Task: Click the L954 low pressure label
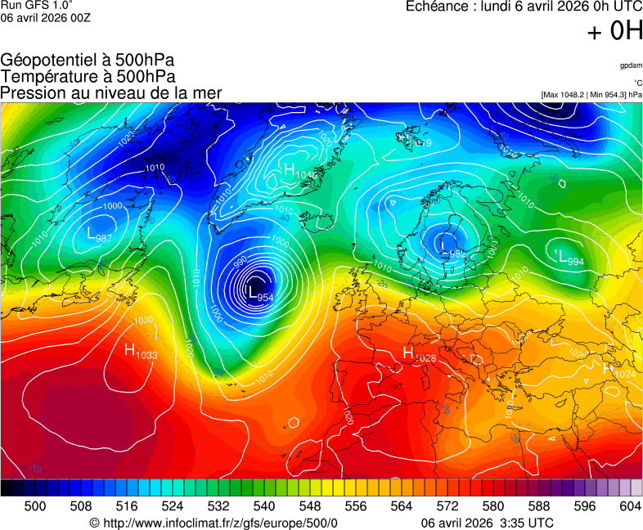point(260,294)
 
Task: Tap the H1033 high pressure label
point(140,352)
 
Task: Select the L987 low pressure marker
point(99,236)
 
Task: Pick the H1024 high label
point(619,370)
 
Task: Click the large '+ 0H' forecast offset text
point(614,31)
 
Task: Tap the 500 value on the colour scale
point(35,506)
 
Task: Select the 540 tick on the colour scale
point(264,506)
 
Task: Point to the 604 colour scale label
point(630,506)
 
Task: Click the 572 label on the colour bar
point(447,506)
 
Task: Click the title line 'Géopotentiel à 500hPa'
point(88,61)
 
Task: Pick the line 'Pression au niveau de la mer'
point(111,92)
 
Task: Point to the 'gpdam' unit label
point(630,65)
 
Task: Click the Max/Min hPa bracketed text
point(591,95)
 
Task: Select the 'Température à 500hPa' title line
point(88,76)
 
